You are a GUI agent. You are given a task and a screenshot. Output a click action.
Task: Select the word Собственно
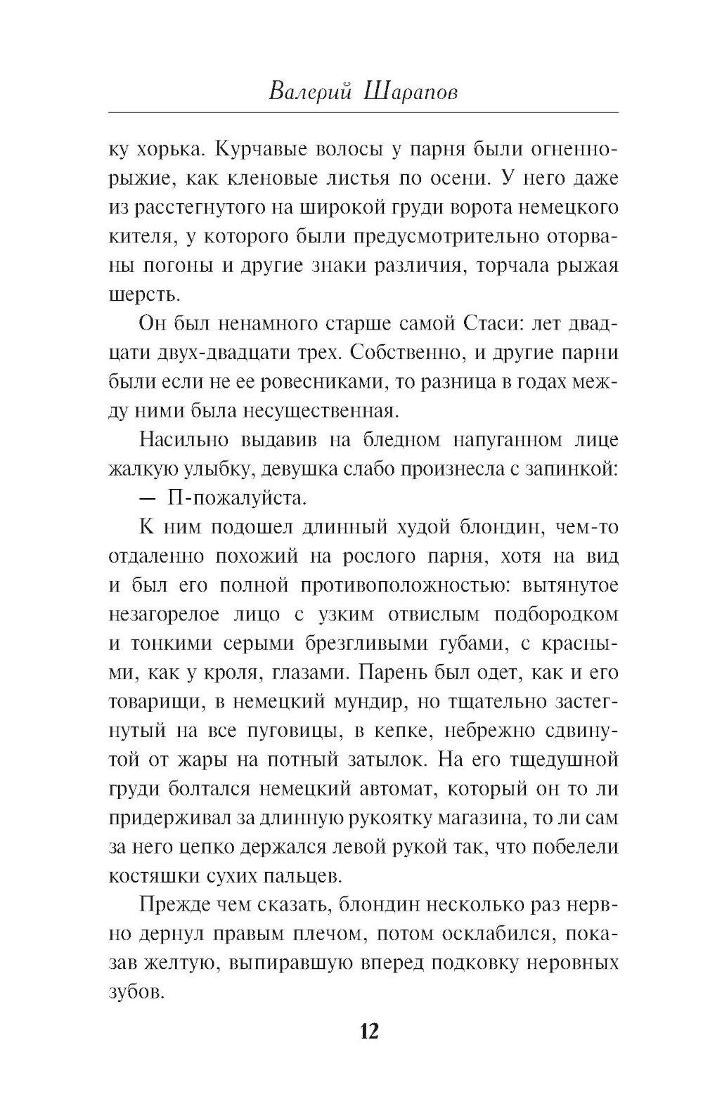coord(408,354)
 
